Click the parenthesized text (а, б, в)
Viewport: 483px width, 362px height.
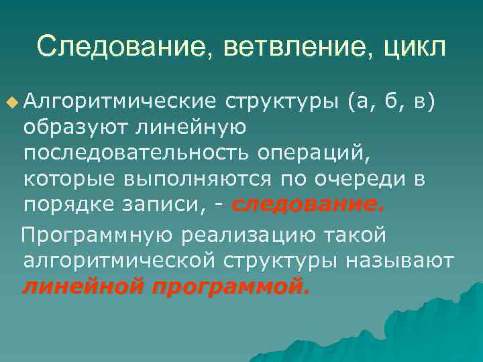tap(392, 101)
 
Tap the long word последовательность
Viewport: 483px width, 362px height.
tap(138, 154)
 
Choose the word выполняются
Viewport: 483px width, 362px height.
tap(196, 180)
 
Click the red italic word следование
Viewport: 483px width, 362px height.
tap(308, 206)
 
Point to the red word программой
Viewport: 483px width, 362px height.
tap(231, 288)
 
